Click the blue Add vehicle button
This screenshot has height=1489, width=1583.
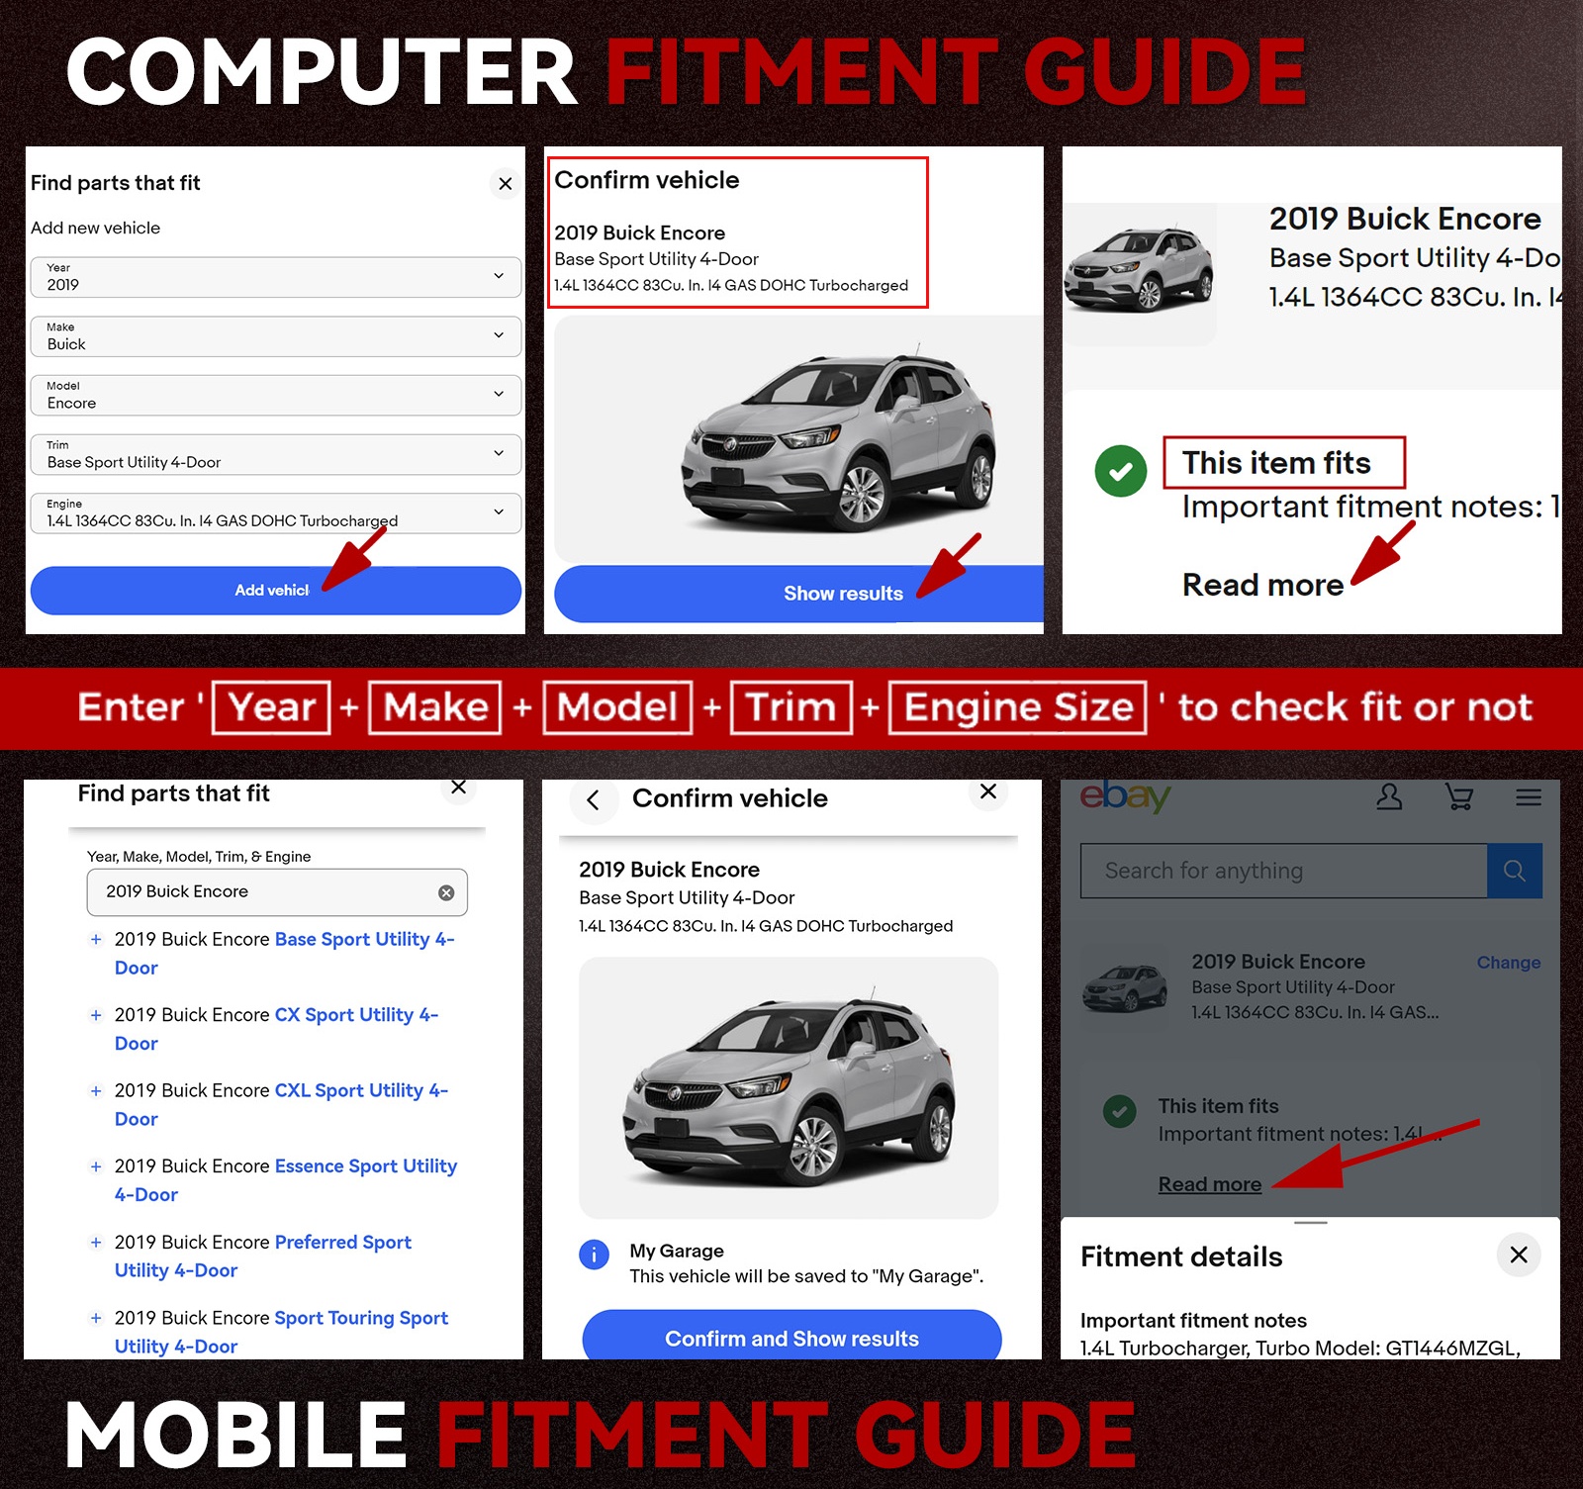click(x=275, y=591)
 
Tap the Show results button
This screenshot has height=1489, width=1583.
click(x=799, y=594)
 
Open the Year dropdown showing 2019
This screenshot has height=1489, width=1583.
click(x=276, y=277)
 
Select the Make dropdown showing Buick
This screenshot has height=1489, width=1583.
click(x=276, y=336)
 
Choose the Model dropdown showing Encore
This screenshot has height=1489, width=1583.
click(x=276, y=395)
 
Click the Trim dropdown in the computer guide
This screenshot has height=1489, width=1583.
click(x=276, y=454)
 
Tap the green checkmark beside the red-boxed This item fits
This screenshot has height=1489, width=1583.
click(x=1121, y=471)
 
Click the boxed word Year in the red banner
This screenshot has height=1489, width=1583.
click(x=271, y=707)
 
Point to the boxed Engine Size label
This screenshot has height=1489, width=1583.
click(x=1018, y=707)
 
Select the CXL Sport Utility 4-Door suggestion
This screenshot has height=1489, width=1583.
click(x=281, y=1104)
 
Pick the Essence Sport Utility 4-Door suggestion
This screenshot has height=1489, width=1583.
click(x=285, y=1180)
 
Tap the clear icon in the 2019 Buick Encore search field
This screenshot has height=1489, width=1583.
click(x=446, y=892)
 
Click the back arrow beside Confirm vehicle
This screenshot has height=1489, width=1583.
click(x=594, y=799)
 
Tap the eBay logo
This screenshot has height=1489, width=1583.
click(x=1125, y=795)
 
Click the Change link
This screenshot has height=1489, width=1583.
click(x=1509, y=963)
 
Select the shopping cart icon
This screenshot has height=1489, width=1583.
click(x=1459, y=796)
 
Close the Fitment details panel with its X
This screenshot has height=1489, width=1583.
click(x=1519, y=1255)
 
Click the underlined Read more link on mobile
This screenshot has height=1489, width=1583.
click(x=1210, y=1184)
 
